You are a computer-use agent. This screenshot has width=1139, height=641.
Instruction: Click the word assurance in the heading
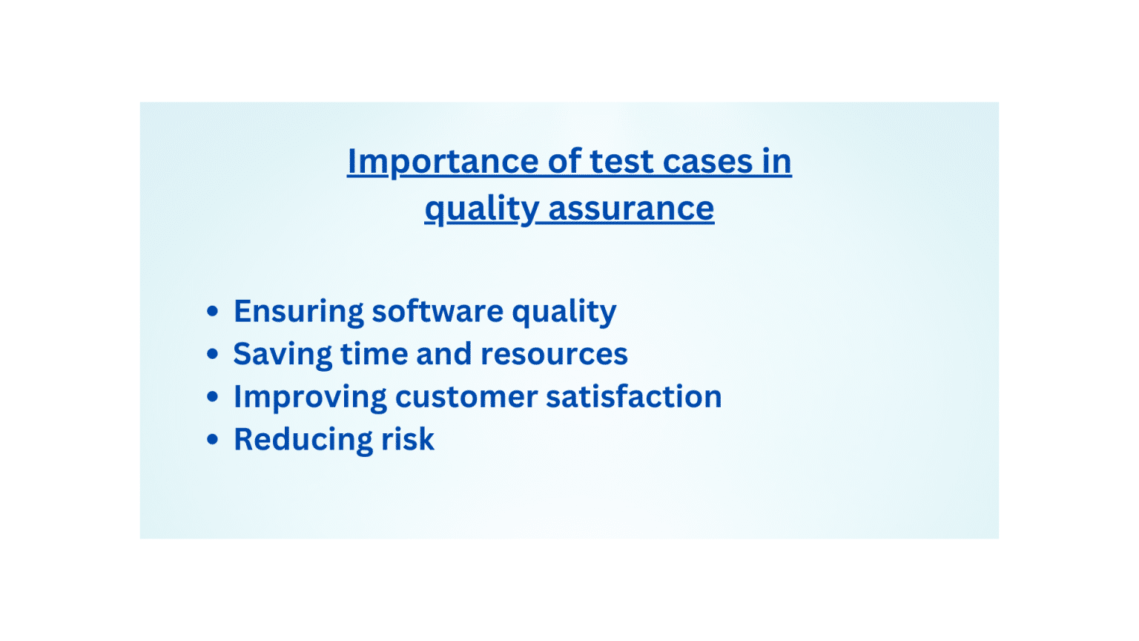coord(631,208)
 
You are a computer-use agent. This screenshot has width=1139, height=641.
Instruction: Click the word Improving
coord(310,398)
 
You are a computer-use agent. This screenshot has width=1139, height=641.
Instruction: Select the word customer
coord(466,397)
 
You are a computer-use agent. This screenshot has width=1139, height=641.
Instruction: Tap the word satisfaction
coord(633,396)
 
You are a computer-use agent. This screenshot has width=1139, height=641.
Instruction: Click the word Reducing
coord(303,440)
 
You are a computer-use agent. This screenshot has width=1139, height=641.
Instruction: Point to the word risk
coord(407,439)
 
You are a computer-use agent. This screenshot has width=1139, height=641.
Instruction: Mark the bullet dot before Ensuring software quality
coord(213,312)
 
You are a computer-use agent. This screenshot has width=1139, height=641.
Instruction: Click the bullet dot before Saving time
coord(213,355)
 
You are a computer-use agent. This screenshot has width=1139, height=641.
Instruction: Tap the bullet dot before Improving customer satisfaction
coord(213,397)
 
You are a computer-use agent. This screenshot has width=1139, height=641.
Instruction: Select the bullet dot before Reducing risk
coord(213,440)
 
